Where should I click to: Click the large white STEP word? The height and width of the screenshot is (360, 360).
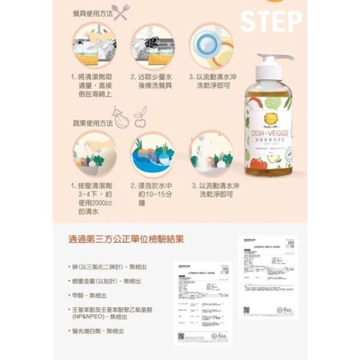(x=271, y=21)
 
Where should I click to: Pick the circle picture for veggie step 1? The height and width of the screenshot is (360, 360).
(x=93, y=154)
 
